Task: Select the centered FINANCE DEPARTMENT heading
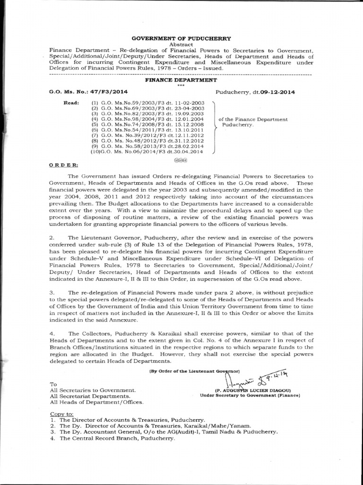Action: [181, 81]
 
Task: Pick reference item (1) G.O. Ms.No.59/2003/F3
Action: [147, 103]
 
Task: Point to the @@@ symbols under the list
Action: [181, 160]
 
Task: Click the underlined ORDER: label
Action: [64, 164]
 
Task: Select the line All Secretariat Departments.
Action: [89, 395]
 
